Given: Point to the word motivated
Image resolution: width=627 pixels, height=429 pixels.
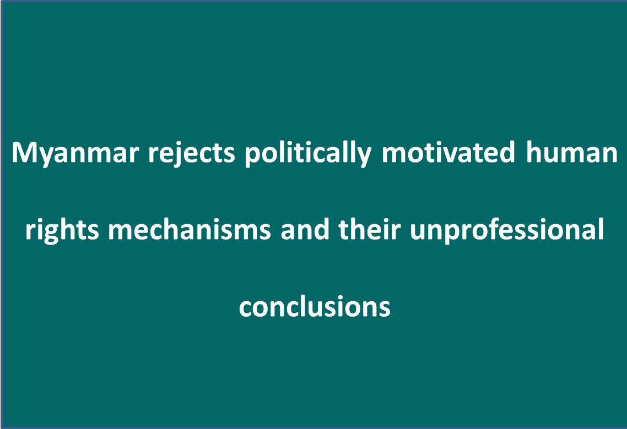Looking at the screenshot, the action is tap(448, 152).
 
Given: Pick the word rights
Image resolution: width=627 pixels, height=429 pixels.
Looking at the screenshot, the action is tap(62, 230).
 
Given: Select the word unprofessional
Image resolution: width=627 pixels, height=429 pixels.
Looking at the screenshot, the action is tap(507, 230).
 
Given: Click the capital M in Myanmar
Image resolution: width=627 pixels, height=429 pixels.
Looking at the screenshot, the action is tap(24, 152).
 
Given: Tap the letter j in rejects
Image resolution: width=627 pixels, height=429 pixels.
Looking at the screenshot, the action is tap(176, 154).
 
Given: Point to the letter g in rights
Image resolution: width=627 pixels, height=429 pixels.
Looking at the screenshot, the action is tap(50, 233).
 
